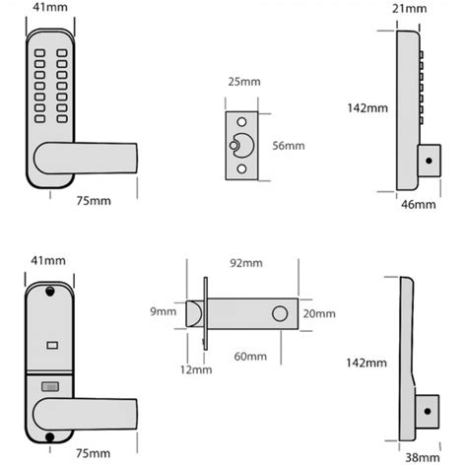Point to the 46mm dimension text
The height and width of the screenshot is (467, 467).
tap(419, 205)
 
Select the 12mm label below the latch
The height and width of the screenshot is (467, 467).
tap(195, 370)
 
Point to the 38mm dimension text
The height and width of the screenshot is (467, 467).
tap(421, 457)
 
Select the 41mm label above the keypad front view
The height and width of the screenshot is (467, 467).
tap(49, 9)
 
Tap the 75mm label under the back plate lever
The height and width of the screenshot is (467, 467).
tap(92, 454)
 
